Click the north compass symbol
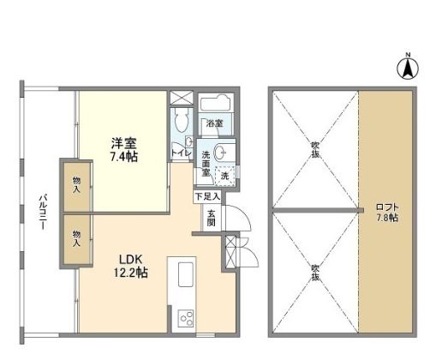click(408, 67)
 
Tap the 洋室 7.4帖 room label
click(123, 150)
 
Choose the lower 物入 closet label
click(76, 238)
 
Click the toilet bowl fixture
click(182, 121)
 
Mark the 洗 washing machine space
click(224, 175)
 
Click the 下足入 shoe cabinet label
click(206, 196)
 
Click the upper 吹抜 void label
click(315, 149)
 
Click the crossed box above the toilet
click(182, 97)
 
